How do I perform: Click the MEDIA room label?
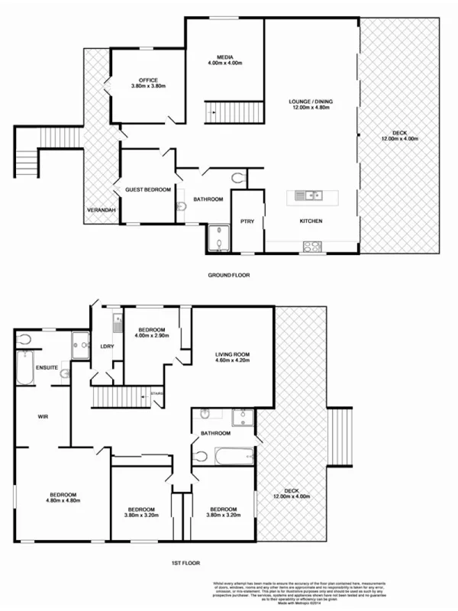[224, 57]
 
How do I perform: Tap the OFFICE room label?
[148, 80]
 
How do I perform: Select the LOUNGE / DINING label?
[311, 102]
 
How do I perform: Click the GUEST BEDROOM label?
[148, 189]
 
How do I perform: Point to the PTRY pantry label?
[247, 221]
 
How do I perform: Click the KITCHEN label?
[311, 221]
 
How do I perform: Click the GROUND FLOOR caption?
[229, 274]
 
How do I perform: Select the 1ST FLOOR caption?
[185, 563]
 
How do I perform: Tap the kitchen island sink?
[311, 196]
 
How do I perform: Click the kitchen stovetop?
[312, 246]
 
